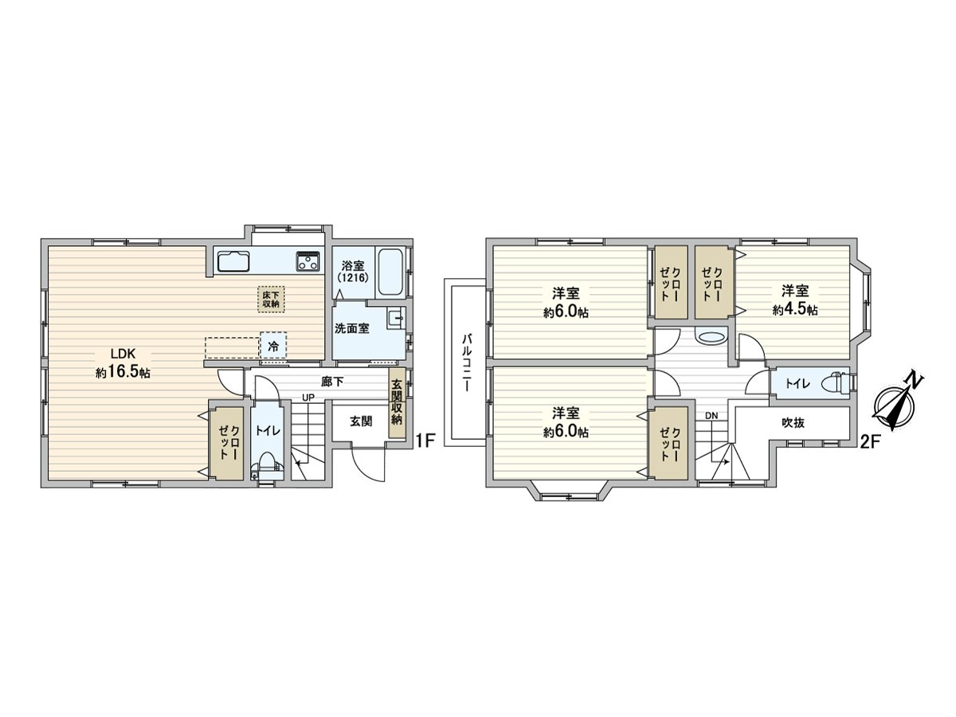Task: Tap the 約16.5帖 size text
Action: (x=123, y=372)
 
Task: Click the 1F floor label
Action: (x=425, y=439)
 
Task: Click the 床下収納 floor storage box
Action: (x=270, y=298)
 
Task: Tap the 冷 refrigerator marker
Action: (x=273, y=347)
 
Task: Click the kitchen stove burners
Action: (x=308, y=261)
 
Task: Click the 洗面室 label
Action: (x=351, y=328)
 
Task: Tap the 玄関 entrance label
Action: (x=361, y=421)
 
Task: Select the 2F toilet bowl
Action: (x=834, y=383)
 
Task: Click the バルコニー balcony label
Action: (x=467, y=362)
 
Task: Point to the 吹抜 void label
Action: (x=792, y=422)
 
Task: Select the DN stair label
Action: (x=711, y=416)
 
